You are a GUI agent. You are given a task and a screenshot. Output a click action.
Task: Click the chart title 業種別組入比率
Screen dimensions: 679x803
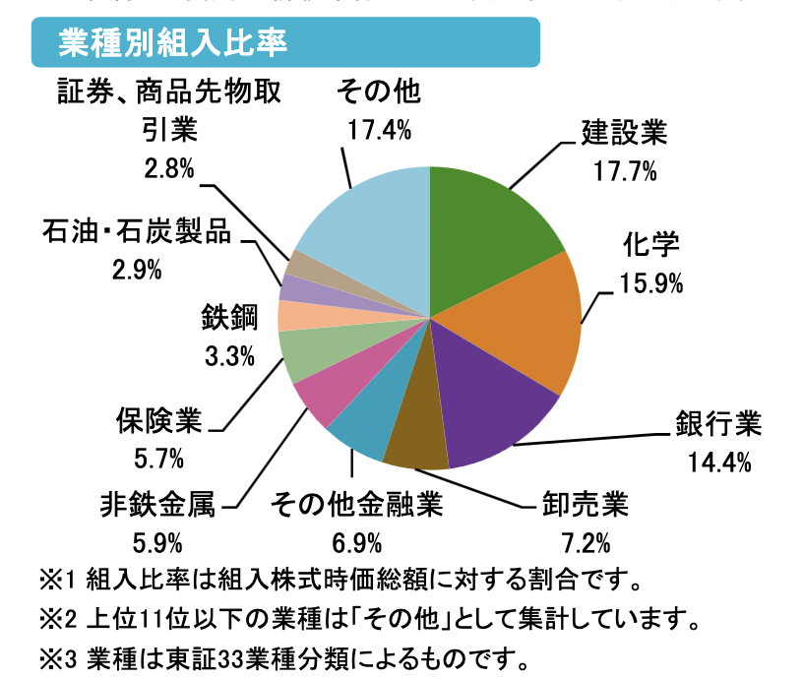(172, 43)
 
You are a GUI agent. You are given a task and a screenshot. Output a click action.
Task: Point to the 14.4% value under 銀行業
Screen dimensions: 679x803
(718, 461)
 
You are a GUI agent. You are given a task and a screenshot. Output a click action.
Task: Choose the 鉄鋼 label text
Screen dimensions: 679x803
(229, 317)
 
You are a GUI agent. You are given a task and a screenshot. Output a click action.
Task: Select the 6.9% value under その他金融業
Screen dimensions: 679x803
(357, 542)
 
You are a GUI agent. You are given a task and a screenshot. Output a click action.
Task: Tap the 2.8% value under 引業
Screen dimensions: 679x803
(168, 168)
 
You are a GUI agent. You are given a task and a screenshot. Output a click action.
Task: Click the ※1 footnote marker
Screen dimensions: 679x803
(56, 578)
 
